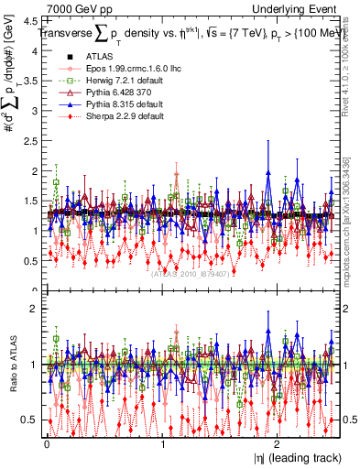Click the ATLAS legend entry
(x=95, y=57)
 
